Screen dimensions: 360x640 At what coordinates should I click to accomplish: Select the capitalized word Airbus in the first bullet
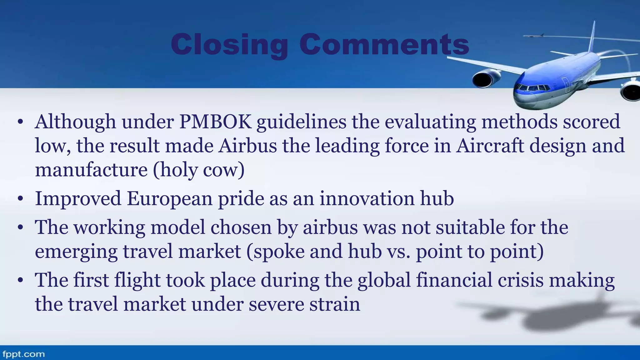(247, 146)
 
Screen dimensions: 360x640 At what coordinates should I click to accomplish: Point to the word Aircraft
(489, 146)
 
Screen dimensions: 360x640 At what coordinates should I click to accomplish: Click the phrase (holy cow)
(199, 170)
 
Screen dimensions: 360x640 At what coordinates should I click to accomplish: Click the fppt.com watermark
(23, 354)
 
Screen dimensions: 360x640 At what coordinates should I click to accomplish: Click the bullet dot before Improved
(21, 199)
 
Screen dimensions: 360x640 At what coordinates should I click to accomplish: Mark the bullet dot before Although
(21, 122)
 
